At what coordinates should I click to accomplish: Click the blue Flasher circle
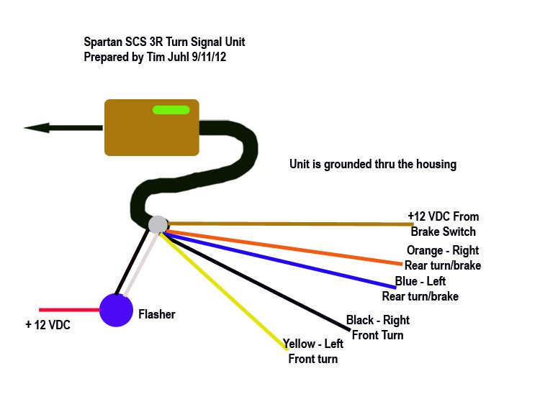point(114,311)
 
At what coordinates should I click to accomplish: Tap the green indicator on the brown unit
point(171,111)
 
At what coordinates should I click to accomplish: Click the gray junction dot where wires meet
point(157,224)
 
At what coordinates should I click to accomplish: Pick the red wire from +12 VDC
point(68,311)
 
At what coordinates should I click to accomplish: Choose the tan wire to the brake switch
point(288,224)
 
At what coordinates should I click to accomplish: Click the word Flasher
point(156,314)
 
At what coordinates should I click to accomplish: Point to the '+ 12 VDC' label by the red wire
point(49,325)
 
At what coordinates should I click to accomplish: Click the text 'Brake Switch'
point(443,232)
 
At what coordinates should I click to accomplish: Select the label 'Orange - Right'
point(442,251)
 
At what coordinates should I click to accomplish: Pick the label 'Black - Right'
point(377,320)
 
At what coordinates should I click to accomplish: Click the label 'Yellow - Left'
point(312,344)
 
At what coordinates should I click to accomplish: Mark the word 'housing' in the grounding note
point(435,164)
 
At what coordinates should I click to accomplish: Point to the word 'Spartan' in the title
point(104,42)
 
